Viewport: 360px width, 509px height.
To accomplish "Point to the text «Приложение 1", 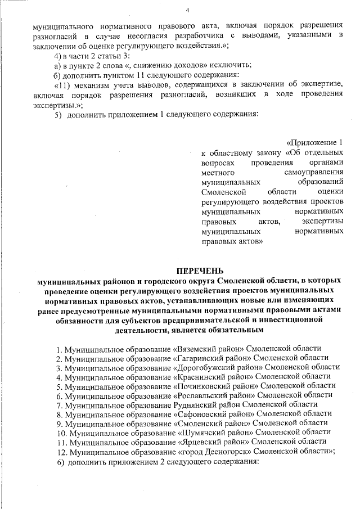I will [314, 142].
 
